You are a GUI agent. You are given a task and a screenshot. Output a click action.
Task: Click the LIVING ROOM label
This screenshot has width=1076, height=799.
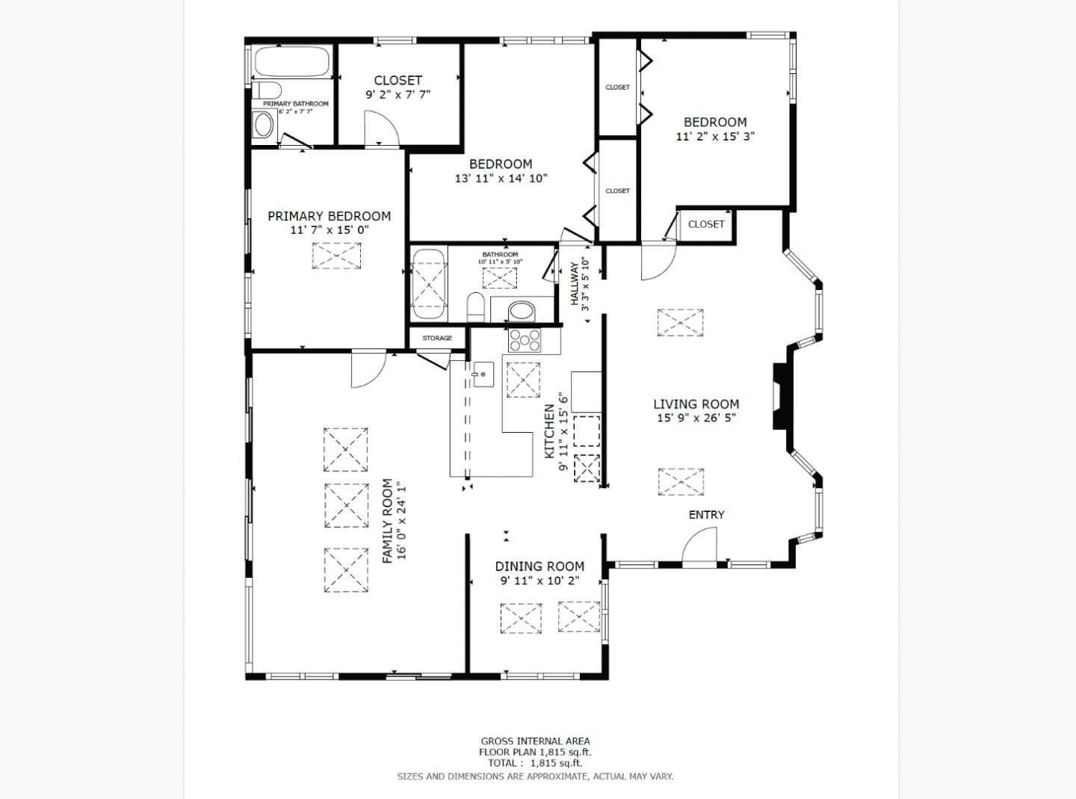click(696, 404)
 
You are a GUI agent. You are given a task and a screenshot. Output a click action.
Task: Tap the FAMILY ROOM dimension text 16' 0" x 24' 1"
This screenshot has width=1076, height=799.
click(403, 520)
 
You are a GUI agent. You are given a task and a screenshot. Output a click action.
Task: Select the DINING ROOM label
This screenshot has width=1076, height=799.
click(539, 567)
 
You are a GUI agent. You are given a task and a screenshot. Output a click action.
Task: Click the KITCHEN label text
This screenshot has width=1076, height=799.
click(549, 431)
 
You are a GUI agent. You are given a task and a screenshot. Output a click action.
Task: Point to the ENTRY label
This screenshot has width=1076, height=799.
click(706, 514)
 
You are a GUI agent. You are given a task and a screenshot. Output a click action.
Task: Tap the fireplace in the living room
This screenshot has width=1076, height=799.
click(780, 395)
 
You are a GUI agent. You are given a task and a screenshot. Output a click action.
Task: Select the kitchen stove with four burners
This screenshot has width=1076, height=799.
click(525, 341)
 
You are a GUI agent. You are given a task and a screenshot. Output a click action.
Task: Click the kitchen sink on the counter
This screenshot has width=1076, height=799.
click(482, 374)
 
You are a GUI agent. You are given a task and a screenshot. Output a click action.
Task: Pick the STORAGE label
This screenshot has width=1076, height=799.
click(437, 338)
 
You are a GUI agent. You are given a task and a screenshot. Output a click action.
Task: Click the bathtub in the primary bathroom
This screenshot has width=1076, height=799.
click(292, 62)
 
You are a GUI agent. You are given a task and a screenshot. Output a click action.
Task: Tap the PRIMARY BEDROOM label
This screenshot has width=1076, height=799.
click(329, 216)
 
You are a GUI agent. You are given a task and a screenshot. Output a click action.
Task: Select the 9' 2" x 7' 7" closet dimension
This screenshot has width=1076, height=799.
click(398, 95)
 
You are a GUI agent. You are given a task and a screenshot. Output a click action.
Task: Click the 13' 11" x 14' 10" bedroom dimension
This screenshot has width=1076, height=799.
click(501, 179)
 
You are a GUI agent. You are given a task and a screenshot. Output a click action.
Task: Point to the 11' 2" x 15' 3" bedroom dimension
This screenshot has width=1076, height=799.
click(715, 137)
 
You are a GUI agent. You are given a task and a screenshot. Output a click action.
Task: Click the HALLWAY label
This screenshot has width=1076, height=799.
click(575, 283)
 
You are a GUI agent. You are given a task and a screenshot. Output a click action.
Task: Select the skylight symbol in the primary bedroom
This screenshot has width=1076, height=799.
click(336, 256)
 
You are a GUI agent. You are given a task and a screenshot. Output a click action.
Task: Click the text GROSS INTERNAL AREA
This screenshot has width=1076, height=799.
click(535, 741)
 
